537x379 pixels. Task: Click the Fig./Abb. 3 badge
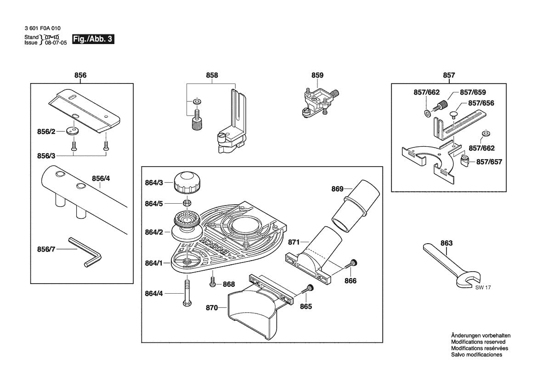tap(93, 39)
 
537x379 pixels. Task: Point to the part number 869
tap(338, 189)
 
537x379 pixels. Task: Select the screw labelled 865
tap(307, 290)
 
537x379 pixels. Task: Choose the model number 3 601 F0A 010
tap(42, 29)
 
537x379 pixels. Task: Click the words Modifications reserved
tap(478, 342)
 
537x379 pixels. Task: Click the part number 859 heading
tap(317, 75)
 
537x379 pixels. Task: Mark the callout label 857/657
tap(489, 162)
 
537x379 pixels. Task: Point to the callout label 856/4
tap(101, 178)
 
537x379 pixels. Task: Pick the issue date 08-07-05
tap(56, 42)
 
